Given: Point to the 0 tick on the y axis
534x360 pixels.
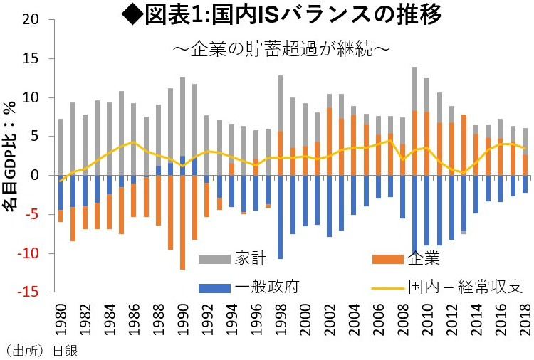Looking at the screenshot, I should pyautogui.click(x=33, y=175).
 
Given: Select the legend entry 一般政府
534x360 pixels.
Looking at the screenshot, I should pyautogui.click(x=260, y=287).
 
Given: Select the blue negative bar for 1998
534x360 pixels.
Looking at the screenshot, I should pyautogui.click(x=280, y=217).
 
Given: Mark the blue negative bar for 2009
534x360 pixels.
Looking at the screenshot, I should pyautogui.click(x=414, y=213).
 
